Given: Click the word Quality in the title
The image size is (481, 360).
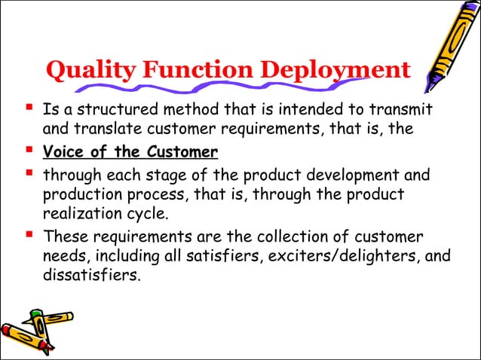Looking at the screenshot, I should click(83, 71).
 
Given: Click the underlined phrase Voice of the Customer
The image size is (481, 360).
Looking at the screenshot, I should click(130, 153).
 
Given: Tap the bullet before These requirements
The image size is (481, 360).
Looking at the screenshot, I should click(30, 235).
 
